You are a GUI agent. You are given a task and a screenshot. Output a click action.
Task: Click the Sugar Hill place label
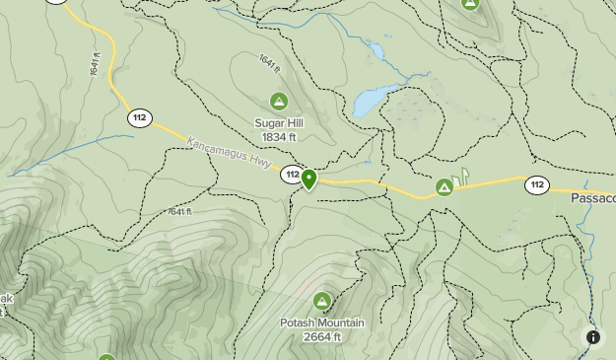[279, 122]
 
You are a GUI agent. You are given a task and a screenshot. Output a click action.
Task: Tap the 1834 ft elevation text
[279, 136]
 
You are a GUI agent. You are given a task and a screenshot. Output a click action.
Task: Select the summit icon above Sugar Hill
[279, 101]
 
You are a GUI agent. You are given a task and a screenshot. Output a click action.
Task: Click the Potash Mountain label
[322, 323]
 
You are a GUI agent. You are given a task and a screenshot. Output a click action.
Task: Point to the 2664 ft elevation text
[322, 336]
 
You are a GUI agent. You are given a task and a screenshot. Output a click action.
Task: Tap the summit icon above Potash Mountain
[321, 301]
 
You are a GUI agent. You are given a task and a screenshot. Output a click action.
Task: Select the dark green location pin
[308, 180]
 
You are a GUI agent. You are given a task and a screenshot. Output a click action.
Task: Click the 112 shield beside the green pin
[291, 175]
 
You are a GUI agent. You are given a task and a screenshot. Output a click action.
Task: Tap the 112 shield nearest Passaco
[536, 184]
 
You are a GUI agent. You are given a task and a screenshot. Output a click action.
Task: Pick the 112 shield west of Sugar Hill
[139, 118]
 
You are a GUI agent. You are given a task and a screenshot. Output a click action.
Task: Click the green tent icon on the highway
[445, 185]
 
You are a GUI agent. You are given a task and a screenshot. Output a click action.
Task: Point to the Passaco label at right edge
[592, 197]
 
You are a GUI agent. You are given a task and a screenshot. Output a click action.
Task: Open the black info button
[593, 337]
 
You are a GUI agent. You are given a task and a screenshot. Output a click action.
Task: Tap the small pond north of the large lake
[375, 49]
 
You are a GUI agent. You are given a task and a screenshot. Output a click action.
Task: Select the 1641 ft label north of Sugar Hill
[269, 62]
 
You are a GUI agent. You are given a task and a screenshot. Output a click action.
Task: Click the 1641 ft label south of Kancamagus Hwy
[179, 211]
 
